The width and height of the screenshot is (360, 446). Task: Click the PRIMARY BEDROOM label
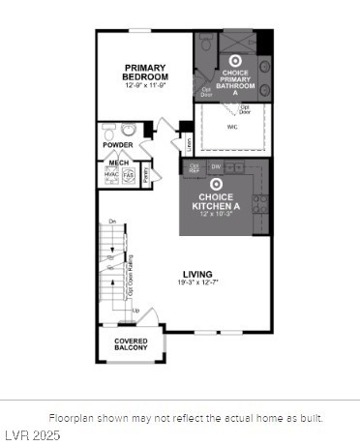coord(145,72)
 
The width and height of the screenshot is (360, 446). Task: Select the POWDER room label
coord(118,145)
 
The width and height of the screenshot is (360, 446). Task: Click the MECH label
coord(119,163)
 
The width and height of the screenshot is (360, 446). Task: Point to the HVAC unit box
coord(110,175)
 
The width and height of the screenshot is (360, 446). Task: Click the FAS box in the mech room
coord(128,175)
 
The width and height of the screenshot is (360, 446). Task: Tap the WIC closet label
coord(232,126)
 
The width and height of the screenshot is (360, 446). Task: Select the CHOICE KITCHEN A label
coord(216,202)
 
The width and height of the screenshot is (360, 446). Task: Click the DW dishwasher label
coord(217,167)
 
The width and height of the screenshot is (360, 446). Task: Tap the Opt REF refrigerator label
coord(195,167)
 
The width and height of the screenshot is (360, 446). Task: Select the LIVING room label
coord(197,274)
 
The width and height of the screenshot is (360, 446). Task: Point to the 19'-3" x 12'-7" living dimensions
coord(197,282)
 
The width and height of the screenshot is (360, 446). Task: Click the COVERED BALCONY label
coord(131,345)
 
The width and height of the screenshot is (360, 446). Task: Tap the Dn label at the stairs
coord(112,223)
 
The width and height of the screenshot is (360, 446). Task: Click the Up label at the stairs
coord(136,311)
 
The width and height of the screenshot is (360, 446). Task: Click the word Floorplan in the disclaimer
coord(70,418)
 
